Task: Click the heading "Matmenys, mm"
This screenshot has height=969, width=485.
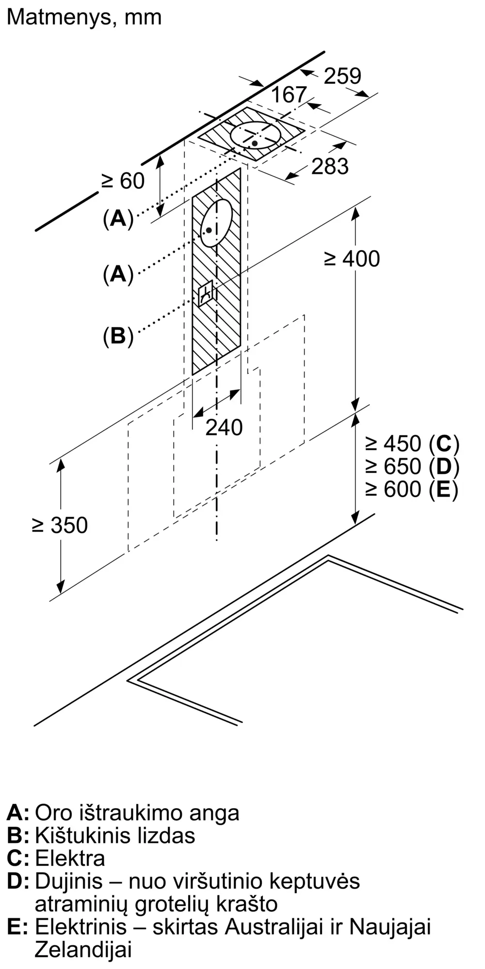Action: [x=84, y=18]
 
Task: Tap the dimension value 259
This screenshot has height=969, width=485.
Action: [x=342, y=76]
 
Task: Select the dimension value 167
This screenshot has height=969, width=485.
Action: [x=289, y=95]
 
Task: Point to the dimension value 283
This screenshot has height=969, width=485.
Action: [x=330, y=166]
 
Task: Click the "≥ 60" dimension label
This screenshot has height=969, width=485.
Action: [x=123, y=181]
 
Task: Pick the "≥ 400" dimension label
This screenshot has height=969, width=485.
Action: [x=352, y=259]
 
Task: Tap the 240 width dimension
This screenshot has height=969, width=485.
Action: [x=224, y=427]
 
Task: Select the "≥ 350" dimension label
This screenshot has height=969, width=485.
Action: [x=60, y=525]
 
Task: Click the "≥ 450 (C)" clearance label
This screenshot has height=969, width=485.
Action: [x=412, y=443]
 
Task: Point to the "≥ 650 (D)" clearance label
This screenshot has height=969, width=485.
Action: [x=412, y=466]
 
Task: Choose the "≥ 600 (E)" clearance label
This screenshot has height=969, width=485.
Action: [x=412, y=489]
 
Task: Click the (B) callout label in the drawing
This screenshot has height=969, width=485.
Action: [x=118, y=336]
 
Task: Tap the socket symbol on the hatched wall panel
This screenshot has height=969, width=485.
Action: [x=206, y=293]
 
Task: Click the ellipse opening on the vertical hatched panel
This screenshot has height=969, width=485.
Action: [x=216, y=223]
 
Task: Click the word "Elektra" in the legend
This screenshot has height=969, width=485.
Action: [x=70, y=858]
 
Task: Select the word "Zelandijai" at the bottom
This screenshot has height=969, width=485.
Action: [x=83, y=949]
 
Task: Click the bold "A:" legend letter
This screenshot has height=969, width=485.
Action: [x=18, y=813]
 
